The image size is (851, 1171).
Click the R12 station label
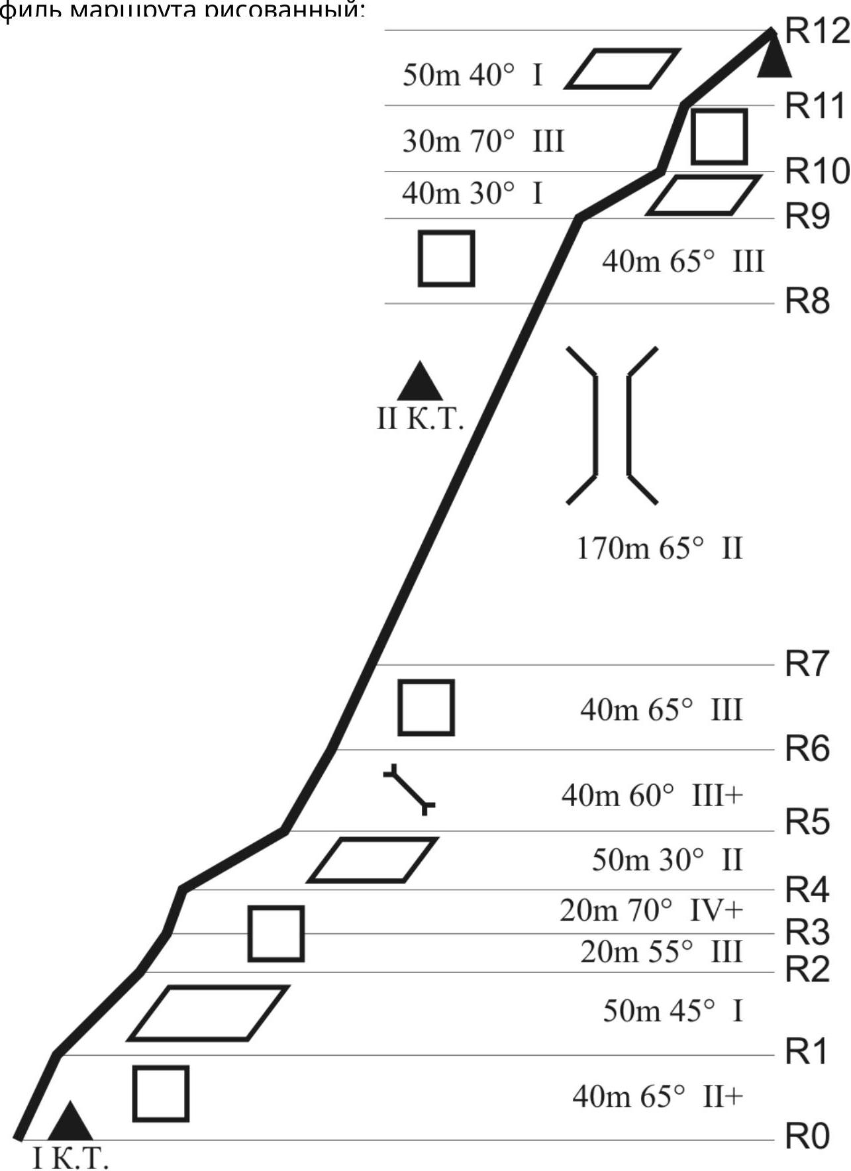817,31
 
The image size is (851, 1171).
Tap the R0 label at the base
807,1137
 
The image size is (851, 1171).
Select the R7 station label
807,663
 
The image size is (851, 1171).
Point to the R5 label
807,822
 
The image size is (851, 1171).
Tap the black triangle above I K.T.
70,1123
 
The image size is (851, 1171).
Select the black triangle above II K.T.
419,383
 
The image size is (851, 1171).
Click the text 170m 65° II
660,548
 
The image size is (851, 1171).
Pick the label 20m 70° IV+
652,911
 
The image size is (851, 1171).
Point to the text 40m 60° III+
652,795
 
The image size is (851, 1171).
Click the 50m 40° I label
473,75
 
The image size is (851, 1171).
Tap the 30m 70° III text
483,141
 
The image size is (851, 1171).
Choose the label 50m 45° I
673,1011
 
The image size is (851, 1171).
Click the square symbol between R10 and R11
719,137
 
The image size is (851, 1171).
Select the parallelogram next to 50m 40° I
623,68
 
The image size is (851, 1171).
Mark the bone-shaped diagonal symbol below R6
409,789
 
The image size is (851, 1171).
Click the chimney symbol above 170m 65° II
612,425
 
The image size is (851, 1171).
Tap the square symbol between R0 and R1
161,1094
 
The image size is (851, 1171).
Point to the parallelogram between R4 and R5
372,860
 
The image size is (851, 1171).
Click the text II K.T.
420,419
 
